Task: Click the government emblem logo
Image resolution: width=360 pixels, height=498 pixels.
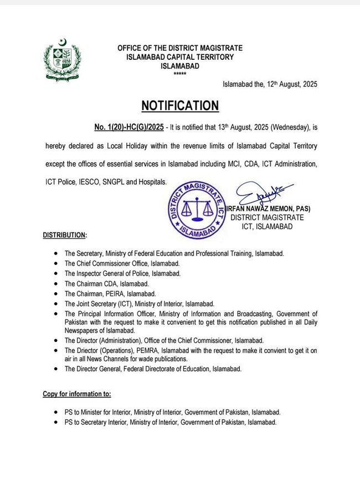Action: (x=63, y=59)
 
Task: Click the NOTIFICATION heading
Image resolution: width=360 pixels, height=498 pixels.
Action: (x=180, y=106)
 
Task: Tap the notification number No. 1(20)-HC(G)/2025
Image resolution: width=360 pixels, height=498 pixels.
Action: (x=128, y=128)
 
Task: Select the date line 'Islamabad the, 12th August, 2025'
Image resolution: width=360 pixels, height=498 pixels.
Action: (x=270, y=84)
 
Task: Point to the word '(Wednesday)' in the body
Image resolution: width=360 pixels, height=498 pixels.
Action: (x=282, y=128)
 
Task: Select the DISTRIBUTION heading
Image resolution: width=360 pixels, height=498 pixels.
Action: (x=65, y=235)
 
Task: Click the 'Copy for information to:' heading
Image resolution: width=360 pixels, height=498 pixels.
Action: (x=77, y=394)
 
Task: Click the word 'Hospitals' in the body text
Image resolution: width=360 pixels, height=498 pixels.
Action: (x=150, y=181)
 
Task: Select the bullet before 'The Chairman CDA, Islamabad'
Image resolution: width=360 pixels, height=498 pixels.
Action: (x=57, y=283)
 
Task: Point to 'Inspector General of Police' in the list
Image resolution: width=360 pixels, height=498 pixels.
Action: (x=113, y=273)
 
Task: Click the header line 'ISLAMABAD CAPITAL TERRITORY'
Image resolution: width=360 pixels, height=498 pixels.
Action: (x=180, y=57)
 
